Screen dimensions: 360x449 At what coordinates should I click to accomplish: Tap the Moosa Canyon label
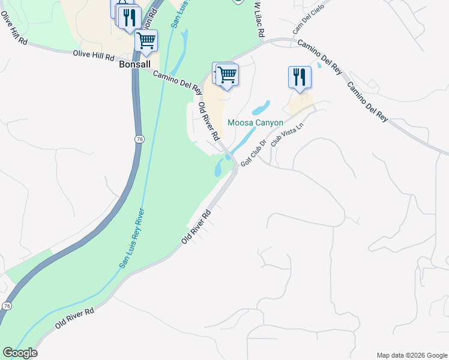pyautogui.click(x=255, y=122)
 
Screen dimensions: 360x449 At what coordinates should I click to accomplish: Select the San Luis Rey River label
pyautogui.click(x=133, y=238)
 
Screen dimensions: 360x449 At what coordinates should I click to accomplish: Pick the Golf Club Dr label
pyautogui.click(x=253, y=153)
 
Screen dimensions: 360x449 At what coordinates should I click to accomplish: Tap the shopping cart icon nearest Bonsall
pyautogui.click(x=146, y=41)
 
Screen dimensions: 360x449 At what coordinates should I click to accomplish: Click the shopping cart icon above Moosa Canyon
pyautogui.click(x=227, y=75)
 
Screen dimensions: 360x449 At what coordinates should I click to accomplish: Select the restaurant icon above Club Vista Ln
pyautogui.click(x=300, y=77)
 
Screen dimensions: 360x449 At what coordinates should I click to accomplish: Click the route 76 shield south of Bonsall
pyautogui.click(x=139, y=139)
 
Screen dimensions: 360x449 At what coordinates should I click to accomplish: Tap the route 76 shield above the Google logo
pyautogui.click(x=7, y=305)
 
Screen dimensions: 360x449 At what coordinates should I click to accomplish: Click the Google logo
pyautogui.click(x=20, y=353)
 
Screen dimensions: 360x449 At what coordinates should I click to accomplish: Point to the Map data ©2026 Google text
pyautogui.click(x=412, y=355)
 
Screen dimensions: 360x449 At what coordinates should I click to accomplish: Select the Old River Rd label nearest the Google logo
pyautogui.click(x=74, y=318)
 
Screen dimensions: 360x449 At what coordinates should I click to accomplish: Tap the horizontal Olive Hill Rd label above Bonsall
pyautogui.click(x=94, y=55)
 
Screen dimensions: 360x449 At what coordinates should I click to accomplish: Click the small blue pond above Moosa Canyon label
pyautogui.click(x=261, y=109)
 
